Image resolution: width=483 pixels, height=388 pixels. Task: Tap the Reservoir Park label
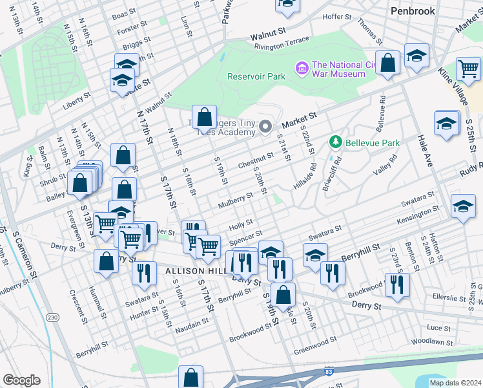pos(256,76)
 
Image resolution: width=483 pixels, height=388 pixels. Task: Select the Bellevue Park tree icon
pos(335,142)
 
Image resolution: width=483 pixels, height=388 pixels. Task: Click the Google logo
pos(21,380)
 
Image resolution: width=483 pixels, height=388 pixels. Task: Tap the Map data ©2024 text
pos(455,383)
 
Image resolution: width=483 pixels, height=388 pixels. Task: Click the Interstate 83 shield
pos(329,373)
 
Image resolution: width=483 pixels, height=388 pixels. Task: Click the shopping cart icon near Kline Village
pos(468,67)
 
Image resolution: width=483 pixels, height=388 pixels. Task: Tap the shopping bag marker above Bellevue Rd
pos(387,63)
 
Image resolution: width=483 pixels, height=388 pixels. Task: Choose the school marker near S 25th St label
pos(446,122)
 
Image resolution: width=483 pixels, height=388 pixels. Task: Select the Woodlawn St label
pos(430,339)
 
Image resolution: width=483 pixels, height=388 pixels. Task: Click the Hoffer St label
pos(336,16)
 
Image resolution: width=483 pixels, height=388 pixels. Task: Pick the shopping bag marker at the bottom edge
pos(191,376)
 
